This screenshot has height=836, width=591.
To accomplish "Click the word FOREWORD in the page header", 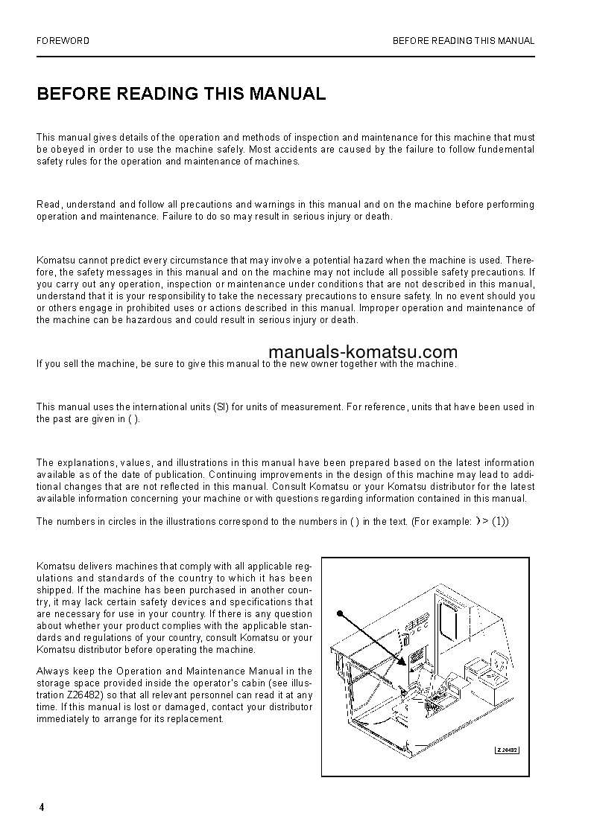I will (63, 41).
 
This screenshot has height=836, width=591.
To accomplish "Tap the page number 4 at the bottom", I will (42, 808).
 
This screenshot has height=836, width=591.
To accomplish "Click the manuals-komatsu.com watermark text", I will (352, 352).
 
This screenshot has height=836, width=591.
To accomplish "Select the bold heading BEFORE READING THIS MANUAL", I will (181, 94).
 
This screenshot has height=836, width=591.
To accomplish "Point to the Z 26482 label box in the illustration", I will (506, 750).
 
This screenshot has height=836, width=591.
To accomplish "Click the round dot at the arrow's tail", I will (339, 613).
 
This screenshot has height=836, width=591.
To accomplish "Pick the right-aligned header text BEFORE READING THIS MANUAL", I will (464, 41).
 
